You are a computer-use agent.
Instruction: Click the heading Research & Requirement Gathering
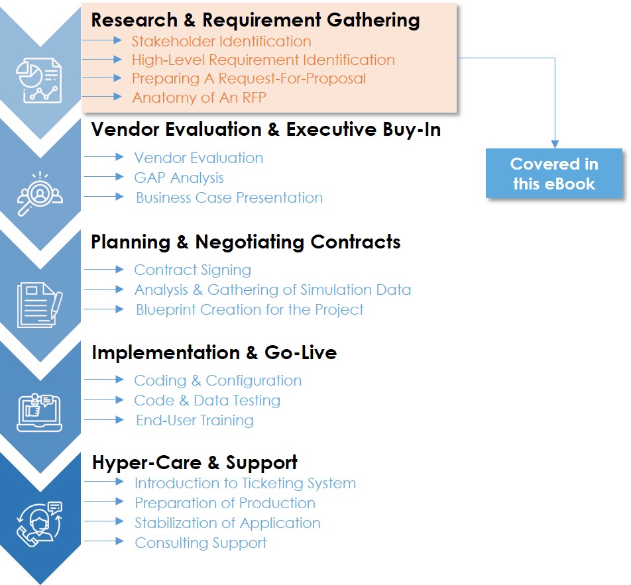coord(255,20)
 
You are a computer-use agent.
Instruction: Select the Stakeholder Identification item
coord(221,41)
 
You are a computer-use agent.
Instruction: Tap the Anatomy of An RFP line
coord(200,97)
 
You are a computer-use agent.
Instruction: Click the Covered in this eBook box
coord(553,174)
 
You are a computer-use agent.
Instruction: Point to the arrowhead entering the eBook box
coord(555,144)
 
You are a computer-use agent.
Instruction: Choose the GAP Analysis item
coord(179,178)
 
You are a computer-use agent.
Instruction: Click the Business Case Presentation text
coord(229,197)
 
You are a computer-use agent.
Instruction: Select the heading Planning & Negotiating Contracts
coord(245,242)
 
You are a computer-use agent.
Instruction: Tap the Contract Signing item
coord(192,270)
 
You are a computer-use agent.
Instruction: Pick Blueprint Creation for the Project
coord(249,309)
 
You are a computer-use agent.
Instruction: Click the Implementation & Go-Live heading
coord(214,352)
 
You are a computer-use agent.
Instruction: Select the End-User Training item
coord(195,420)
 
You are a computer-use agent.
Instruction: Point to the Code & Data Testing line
coord(207,400)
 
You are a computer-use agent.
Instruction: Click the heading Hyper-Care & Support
coord(195,462)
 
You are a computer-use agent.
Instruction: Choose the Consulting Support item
coord(201,543)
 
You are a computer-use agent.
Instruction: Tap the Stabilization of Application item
coord(227,523)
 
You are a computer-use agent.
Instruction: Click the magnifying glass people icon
coord(40,193)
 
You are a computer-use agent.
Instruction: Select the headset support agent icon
coord(40,524)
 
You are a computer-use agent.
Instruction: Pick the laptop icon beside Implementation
coord(40,412)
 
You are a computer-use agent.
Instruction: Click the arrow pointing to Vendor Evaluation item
coord(103,157)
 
